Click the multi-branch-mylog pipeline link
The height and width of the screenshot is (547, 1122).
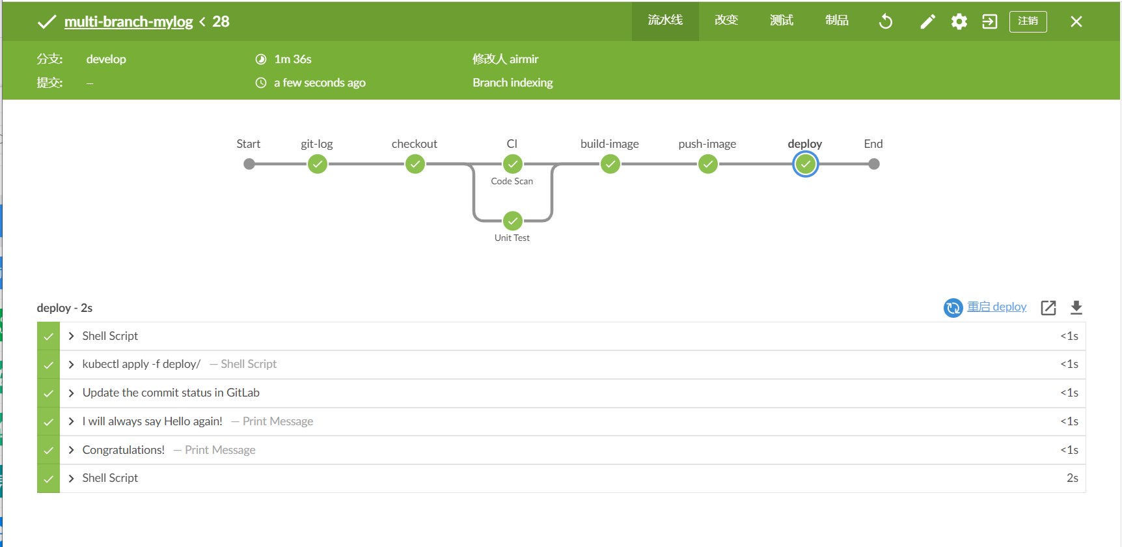click(128, 21)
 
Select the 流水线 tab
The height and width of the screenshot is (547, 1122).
click(664, 20)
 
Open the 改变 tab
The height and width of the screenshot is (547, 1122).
click(726, 20)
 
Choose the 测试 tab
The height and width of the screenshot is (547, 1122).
click(781, 20)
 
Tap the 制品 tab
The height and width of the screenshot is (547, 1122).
click(836, 20)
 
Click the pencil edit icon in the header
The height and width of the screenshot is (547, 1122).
click(927, 21)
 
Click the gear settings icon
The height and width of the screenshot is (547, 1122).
click(959, 21)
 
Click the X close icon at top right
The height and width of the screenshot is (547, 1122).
click(1076, 21)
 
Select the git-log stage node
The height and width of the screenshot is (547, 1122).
click(317, 164)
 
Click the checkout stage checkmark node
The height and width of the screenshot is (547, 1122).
click(415, 164)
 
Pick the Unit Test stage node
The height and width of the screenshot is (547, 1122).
click(512, 221)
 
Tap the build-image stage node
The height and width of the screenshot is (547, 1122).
click(610, 164)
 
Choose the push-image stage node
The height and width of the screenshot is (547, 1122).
click(707, 164)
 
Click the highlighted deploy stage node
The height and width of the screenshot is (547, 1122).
click(805, 164)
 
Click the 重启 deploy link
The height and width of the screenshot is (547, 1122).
click(996, 307)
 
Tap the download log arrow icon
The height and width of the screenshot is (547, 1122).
click(1076, 307)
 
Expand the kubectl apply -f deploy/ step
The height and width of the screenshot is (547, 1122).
click(72, 364)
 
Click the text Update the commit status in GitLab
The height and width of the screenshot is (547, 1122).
click(171, 393)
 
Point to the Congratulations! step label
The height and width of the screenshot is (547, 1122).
click(123, 450)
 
